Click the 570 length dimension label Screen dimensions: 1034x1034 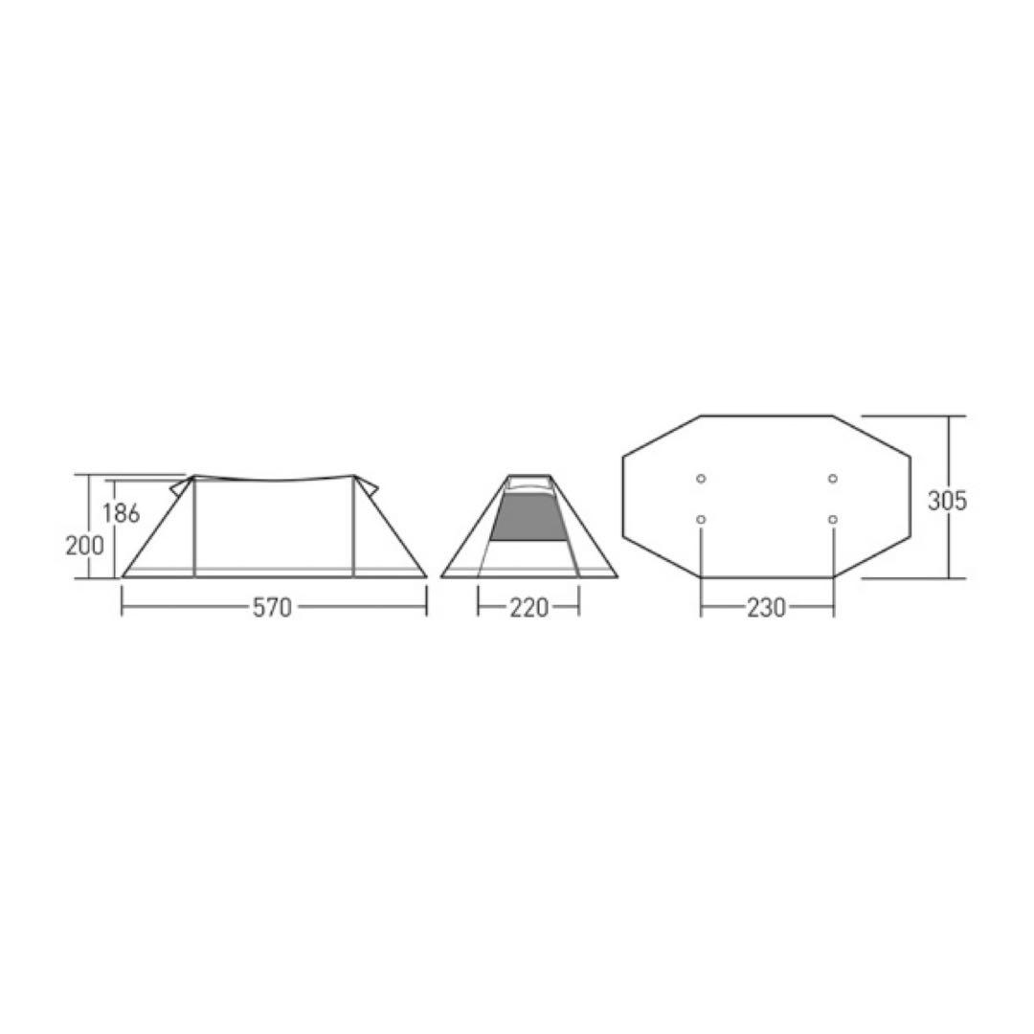[272, 607]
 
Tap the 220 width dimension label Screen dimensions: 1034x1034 [528, 607]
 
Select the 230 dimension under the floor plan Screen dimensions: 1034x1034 [766, 607]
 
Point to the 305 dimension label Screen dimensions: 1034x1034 [947, 501]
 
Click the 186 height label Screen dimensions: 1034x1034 [122, 512]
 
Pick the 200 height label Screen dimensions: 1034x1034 [85, 546]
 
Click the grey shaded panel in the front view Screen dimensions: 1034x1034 [528, 518]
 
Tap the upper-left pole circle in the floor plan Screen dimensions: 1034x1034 [701, 478]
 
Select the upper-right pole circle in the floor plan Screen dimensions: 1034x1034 [833, 478]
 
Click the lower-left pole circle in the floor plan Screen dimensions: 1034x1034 [701, 520]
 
